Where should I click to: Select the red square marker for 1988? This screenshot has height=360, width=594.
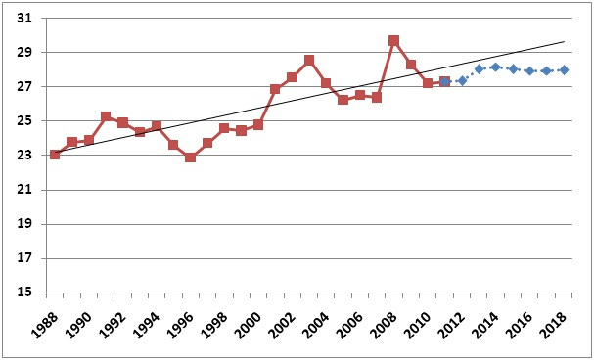55,155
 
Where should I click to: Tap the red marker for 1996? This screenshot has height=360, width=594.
190,157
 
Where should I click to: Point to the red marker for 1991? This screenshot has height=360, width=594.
106,116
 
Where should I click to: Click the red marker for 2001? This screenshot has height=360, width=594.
275,89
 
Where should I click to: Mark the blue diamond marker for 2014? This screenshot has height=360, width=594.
495,67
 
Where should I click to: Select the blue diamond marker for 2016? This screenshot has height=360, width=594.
529,70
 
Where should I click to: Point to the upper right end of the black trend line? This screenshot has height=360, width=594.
565,41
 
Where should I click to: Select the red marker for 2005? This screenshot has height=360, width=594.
343,100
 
